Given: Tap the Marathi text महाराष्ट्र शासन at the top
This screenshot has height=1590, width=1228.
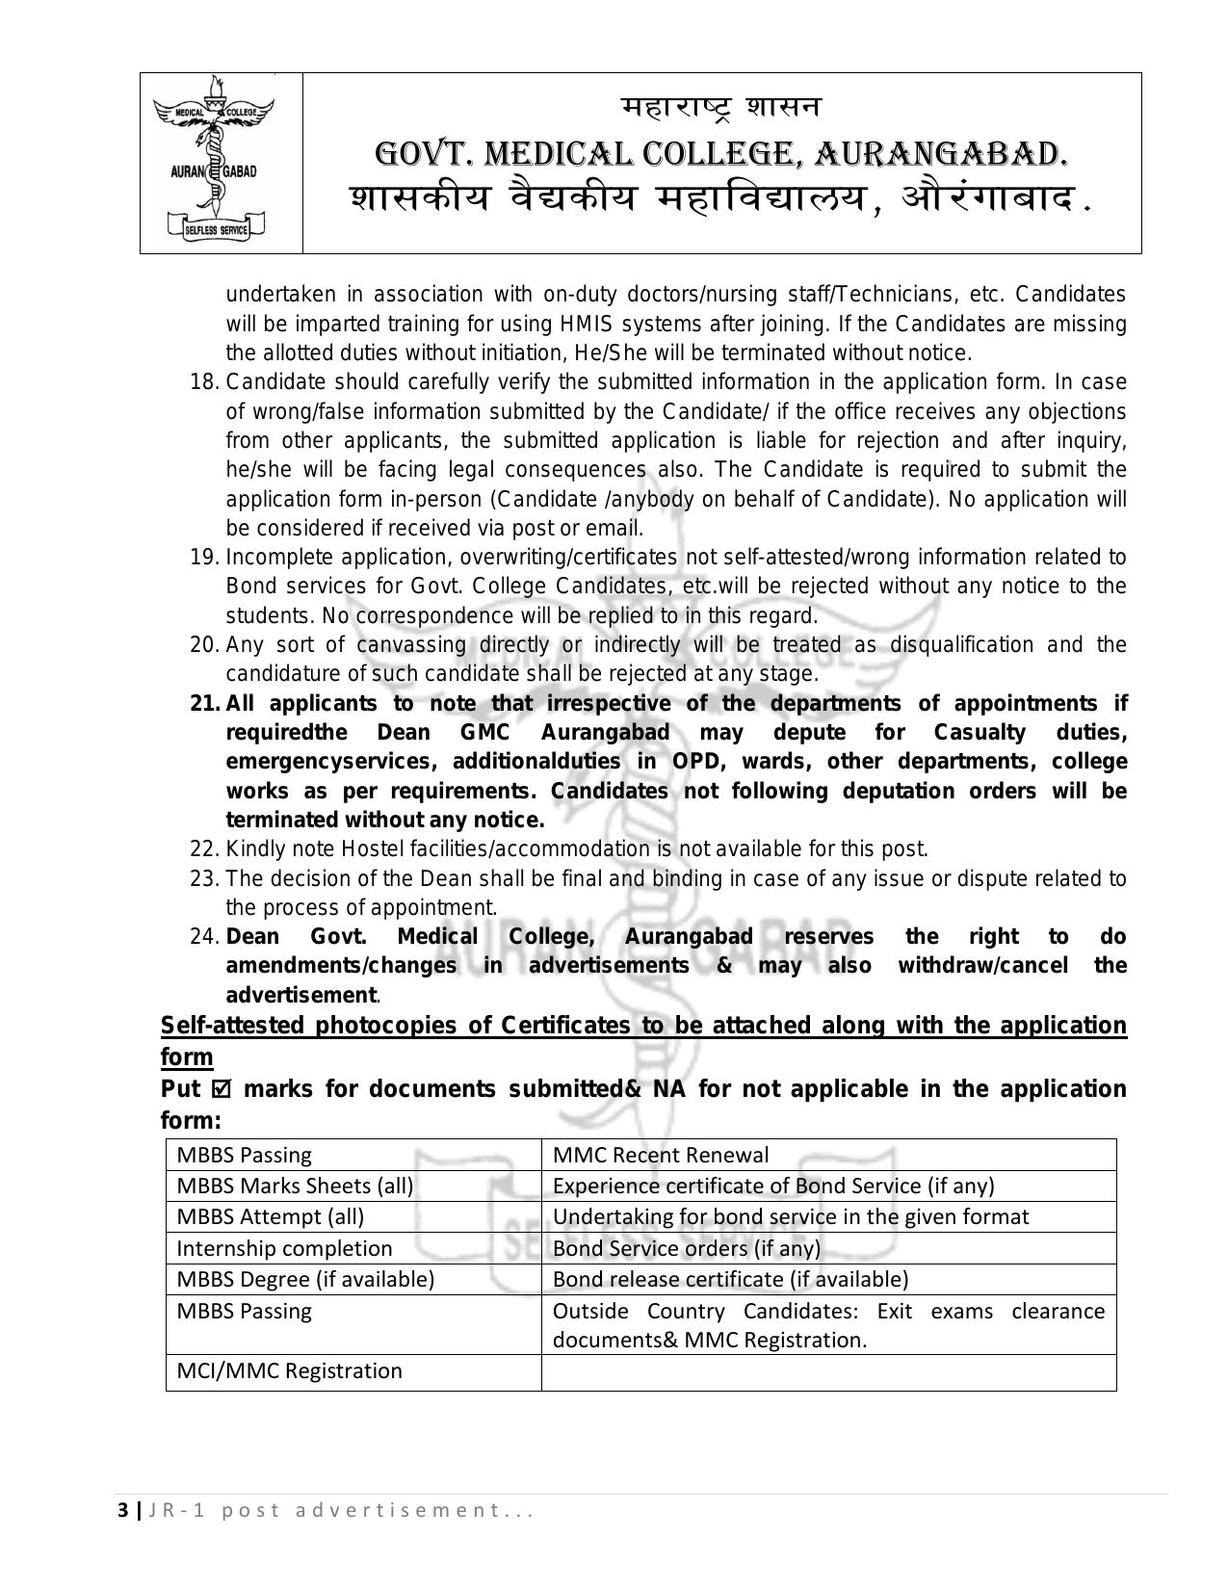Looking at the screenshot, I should point(720,107).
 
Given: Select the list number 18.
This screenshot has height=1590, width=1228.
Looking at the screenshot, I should point(205,382).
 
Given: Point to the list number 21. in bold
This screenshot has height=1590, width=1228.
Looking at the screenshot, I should point(205,704).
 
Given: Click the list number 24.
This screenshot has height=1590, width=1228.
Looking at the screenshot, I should point(205,937).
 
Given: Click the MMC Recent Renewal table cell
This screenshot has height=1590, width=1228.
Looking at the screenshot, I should point(661,1155).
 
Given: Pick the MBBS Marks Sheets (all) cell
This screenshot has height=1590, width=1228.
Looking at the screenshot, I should point(295,1186).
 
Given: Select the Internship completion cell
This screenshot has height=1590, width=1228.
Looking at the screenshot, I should point(284,1248).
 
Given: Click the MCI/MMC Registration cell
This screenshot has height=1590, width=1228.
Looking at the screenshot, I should point(289,1370).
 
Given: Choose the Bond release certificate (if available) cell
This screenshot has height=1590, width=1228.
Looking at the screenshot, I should point(730,1279).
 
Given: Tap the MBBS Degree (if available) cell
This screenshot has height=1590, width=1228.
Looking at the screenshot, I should point(305,1279).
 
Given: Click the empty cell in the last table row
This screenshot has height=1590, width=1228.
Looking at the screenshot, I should point(828,1372).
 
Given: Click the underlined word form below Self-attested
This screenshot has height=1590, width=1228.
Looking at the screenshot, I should point(187,1057).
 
